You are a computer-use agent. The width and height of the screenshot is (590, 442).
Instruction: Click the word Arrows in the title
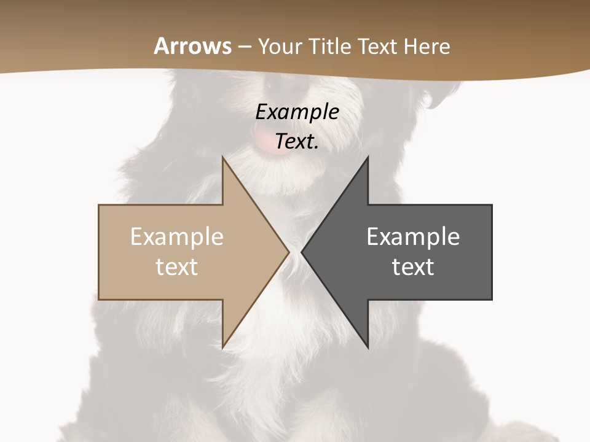click(193, 46)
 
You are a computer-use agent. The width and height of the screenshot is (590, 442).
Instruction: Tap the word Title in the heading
click(332, 47)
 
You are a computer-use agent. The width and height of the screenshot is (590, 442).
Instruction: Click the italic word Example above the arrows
click(297, 112)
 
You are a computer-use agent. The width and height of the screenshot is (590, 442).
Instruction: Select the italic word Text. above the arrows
click(297, 141)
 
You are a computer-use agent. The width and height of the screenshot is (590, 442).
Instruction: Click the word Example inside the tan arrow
click(177, 237)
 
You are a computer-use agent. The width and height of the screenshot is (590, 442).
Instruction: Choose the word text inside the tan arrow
click(177, 266)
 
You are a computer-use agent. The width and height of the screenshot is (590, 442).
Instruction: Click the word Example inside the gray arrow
click(413, 237)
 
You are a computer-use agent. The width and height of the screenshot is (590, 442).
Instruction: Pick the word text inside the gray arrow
click(413, 266)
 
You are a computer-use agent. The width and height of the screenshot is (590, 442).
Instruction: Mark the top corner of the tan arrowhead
click(223, 157)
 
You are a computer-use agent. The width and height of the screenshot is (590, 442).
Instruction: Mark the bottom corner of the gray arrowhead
click(368, 347)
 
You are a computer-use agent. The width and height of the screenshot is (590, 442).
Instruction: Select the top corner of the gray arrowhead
click(368, 157)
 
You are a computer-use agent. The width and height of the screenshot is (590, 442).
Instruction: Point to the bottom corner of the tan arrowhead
click(223, 347)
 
